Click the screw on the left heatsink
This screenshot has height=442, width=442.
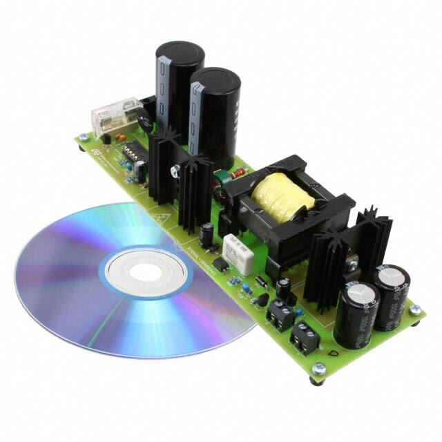pyautogui.click(x=177, y=168)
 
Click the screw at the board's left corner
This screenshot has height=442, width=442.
pyautogui.click(x=84, y=137)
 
